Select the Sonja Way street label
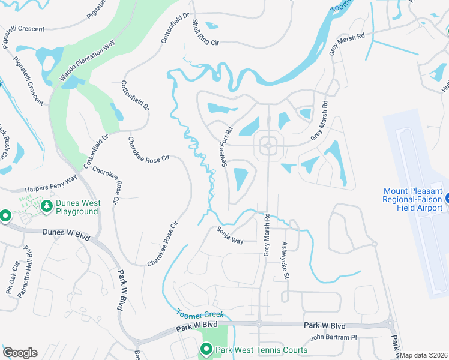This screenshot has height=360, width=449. coord(230,236)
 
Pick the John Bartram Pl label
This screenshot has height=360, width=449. coord(334,337)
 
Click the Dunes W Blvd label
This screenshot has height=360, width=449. coord(67,234)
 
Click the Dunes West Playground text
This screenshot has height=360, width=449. coord(77,207)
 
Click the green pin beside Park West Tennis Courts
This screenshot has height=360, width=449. coord(206,349)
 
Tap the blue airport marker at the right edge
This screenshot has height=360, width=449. coord(446,199)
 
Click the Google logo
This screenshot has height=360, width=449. coord(19,353)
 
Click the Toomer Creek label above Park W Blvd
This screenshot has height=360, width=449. coord(200,313)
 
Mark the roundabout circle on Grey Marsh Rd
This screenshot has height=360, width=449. coord(267,145)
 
